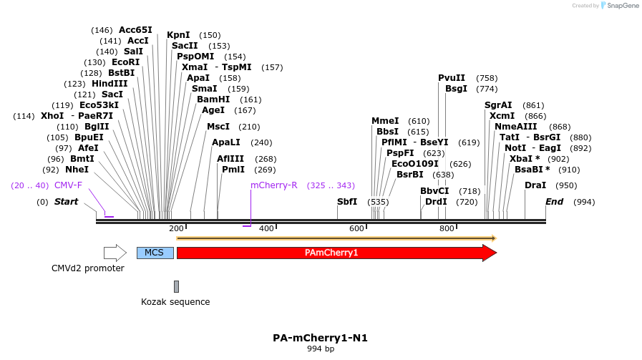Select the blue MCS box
coord(155,253)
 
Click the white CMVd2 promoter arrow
coord(115,253)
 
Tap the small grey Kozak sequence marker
coord(176,286)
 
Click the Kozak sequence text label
coord(175,302)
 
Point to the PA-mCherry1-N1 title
coord(320,337)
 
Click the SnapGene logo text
coord(620,6)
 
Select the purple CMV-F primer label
coord(68,185)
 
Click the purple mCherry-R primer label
coord(273,185)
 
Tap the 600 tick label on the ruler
coord(356,228)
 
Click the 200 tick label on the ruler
coord(176,228)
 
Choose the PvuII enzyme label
coord(452,78)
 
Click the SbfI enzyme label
coord(347,202)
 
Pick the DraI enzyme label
coord(535,185)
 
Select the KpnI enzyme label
coord(178,35)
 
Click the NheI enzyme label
coord(77,170)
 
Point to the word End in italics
coord(554,202)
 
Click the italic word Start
coord(66,202)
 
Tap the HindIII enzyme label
coord(110,84)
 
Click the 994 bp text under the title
coord(320,349)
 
